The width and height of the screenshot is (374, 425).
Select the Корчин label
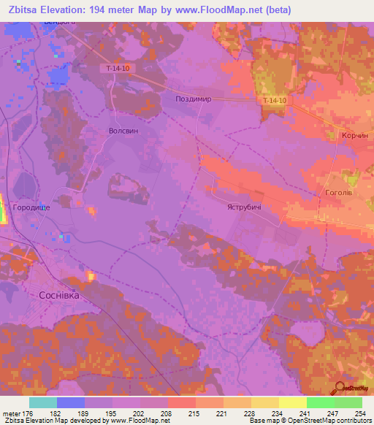pos(357,137)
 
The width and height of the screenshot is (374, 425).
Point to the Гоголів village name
pos(340,194)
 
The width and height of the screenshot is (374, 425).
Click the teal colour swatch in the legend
pos(43,402)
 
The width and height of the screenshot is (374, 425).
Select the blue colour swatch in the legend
pos(71,402)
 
